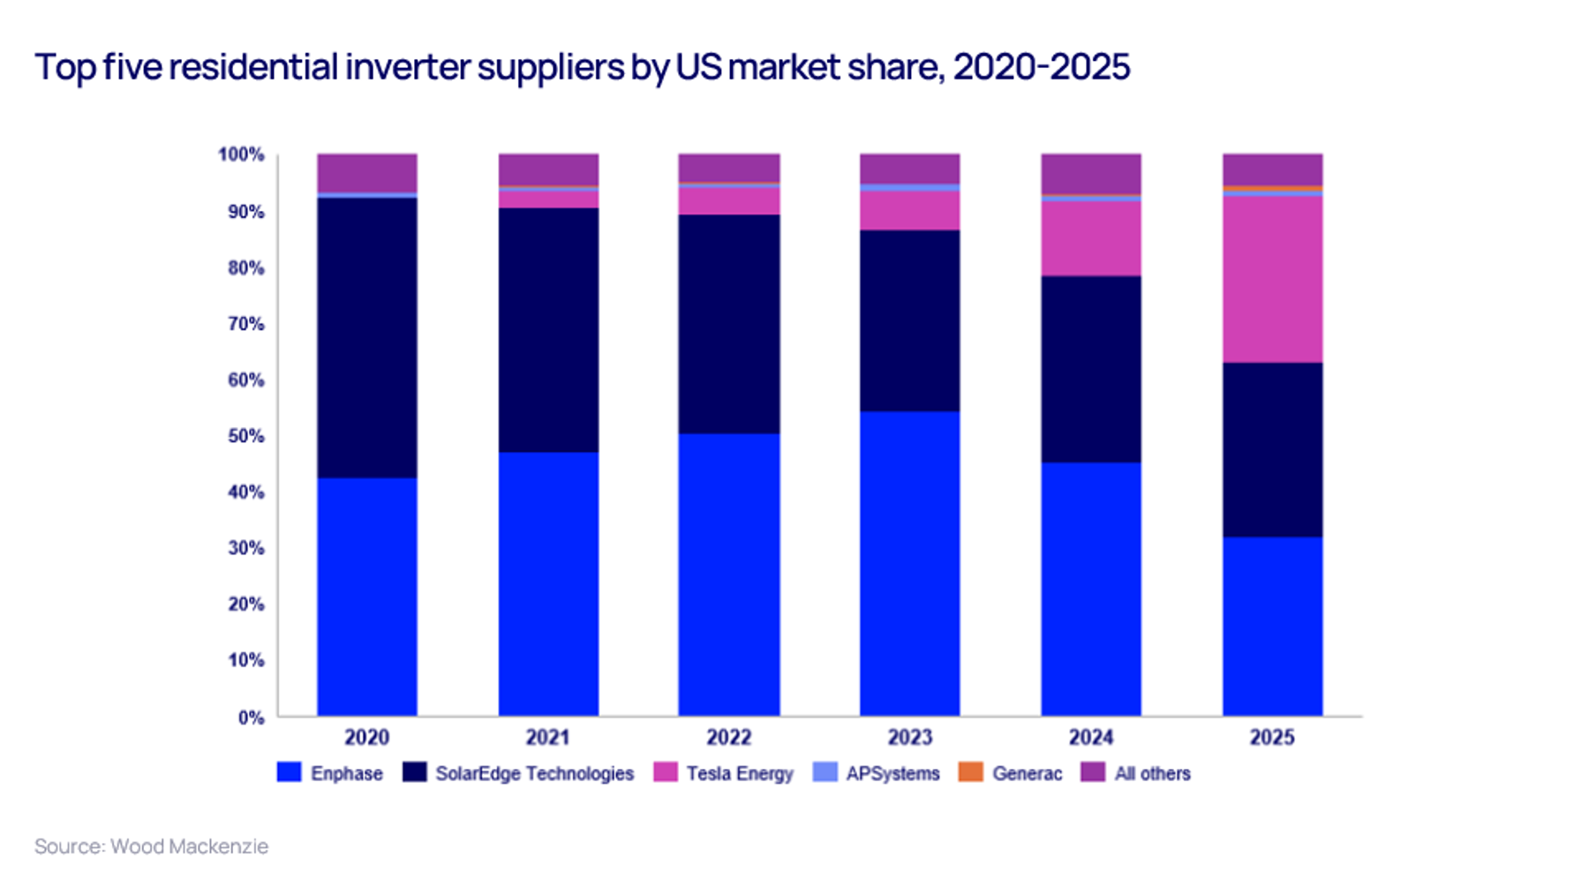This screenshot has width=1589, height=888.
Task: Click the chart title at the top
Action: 582,67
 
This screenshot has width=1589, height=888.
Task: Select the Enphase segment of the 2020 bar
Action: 367,597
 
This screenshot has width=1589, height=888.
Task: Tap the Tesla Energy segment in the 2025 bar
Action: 1272,279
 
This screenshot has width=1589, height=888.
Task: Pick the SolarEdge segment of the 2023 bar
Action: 909,320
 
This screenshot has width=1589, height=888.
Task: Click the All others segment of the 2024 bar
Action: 1091,173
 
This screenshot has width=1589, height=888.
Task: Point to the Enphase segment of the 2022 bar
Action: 729,574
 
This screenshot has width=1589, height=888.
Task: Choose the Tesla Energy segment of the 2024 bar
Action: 1091,238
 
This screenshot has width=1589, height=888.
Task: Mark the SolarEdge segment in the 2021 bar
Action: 548,330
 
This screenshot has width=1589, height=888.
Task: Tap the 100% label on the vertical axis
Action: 242,155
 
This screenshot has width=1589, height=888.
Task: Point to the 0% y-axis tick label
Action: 251,718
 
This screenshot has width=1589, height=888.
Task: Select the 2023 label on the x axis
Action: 909,737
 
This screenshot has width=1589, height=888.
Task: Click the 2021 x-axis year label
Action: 548,737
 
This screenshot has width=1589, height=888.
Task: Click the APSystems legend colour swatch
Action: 825,772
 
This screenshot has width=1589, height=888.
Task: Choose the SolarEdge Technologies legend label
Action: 534,773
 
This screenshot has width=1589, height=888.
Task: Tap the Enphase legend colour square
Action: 289,772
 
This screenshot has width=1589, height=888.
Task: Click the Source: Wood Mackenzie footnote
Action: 151,847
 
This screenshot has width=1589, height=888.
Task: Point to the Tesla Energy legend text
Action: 740,773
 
